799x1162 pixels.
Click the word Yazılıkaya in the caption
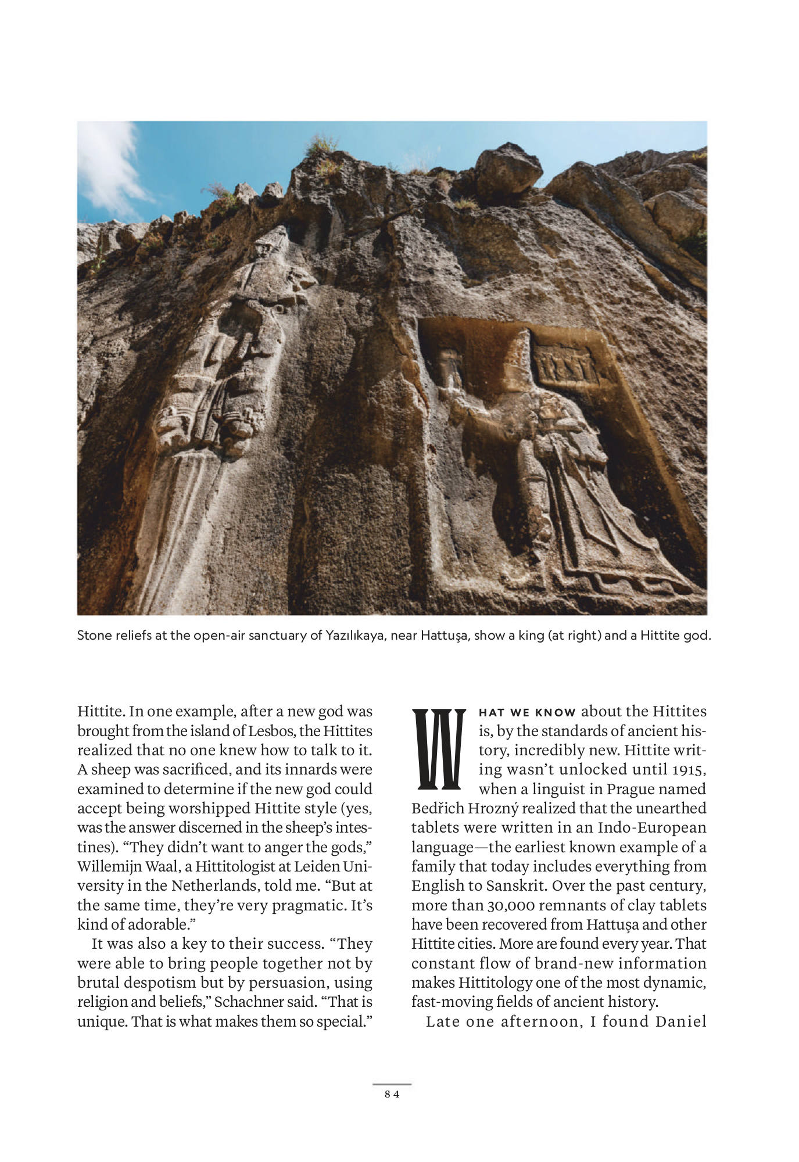pos(355,635)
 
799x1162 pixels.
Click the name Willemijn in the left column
pos(105,866)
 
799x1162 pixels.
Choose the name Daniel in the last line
pos(680,1021)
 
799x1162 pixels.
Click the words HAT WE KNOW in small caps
pos(527,712)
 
